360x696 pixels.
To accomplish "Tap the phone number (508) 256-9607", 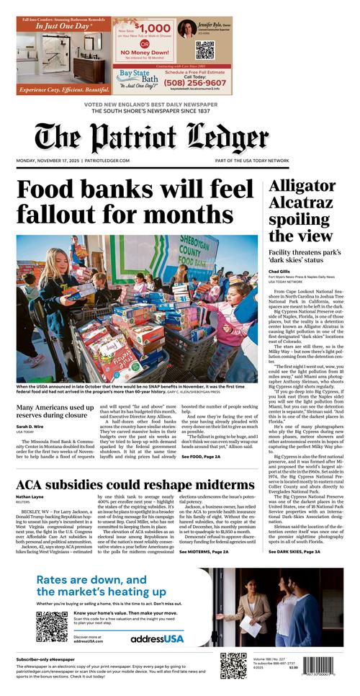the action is pyautogui.click(x=194, y=83).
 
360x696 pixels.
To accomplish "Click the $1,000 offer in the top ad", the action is pyautogui.click(x=145, y=29).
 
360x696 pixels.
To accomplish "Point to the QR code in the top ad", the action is pyautogui.click(x=205, y=50).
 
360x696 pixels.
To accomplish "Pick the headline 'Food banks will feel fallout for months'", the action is pyautogui.click(x=135, y=201).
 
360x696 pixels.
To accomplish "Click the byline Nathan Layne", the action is pyautogui.click(x=30, y=496).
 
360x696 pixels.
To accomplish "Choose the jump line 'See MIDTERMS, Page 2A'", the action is pyautogui.click(x=204, y=551).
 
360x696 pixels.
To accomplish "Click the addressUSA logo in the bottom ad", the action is pyautogui.click(x=157, y=638).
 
